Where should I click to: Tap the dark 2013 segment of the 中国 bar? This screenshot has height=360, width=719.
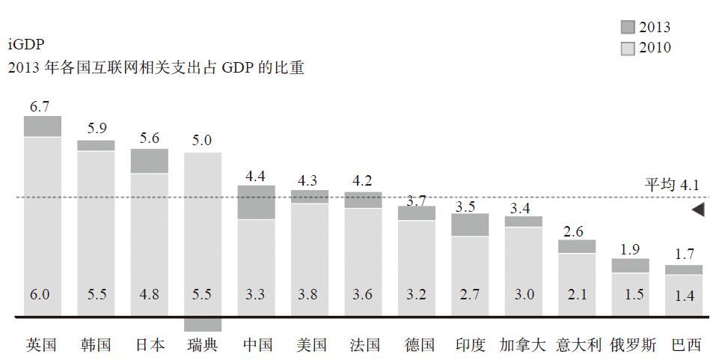pos(256,202)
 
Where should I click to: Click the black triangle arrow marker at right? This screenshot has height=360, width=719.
pos(697,210)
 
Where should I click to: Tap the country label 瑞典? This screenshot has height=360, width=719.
pos(202,345)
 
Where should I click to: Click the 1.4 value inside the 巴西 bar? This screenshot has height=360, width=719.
pos(684,296)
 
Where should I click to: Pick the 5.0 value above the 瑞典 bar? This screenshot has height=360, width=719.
pos(202,140)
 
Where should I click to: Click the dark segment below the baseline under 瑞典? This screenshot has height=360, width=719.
pos(202,324)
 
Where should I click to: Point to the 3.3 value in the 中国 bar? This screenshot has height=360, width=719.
pos(256,294)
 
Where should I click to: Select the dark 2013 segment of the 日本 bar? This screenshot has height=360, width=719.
pos(149,161)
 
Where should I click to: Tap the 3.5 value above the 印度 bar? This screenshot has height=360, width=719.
pos(469,205)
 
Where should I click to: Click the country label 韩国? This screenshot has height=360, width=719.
pos(95,345)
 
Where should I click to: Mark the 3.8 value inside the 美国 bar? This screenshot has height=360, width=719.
pos(309,294)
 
